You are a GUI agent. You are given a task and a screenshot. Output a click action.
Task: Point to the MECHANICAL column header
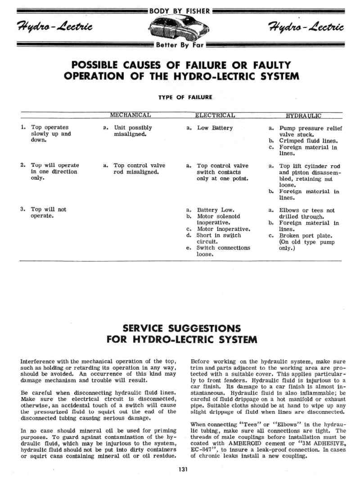[130, 115]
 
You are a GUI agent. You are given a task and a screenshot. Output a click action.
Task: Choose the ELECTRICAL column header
[215, 115]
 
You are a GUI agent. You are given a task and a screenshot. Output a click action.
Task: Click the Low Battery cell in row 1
[215, 128]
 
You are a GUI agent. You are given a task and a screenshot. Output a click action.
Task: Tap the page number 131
[182, 470]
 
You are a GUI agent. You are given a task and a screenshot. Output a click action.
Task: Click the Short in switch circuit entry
[219, 238]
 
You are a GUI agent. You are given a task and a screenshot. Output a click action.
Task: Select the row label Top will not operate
[48, 213]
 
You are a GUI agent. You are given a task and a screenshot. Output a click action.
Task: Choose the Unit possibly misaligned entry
[133, 131]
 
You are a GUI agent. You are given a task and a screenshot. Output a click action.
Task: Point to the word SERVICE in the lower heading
[144, 328]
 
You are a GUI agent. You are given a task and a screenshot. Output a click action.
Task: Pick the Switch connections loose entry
[224, 251]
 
